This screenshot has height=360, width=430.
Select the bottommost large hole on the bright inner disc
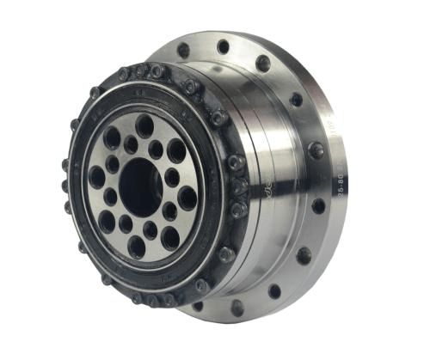(137, 247)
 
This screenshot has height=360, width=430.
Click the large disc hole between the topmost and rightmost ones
(176, 150)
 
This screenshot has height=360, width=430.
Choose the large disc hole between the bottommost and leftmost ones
(107, 220)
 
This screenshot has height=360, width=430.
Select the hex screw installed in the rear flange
(316, 150)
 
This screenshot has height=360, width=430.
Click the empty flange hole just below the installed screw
(319, 206)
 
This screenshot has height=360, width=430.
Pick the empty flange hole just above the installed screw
(297, 100)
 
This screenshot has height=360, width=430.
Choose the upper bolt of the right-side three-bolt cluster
(235, 162)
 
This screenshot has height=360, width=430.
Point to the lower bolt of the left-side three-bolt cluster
(69, 206)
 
